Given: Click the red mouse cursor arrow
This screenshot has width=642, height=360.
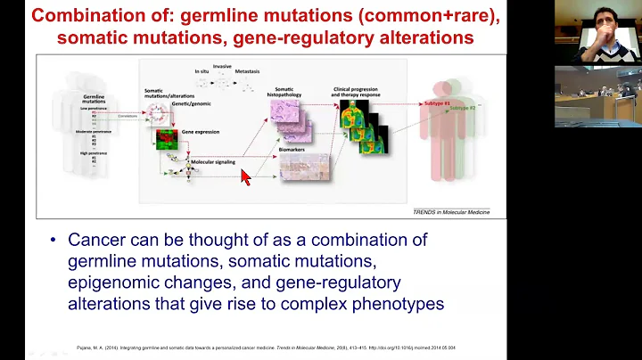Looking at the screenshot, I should coord(246,176).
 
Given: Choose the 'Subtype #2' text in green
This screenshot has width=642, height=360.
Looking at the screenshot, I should coord(462,107).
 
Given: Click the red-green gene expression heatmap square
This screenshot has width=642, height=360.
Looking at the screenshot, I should coord(169,140).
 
